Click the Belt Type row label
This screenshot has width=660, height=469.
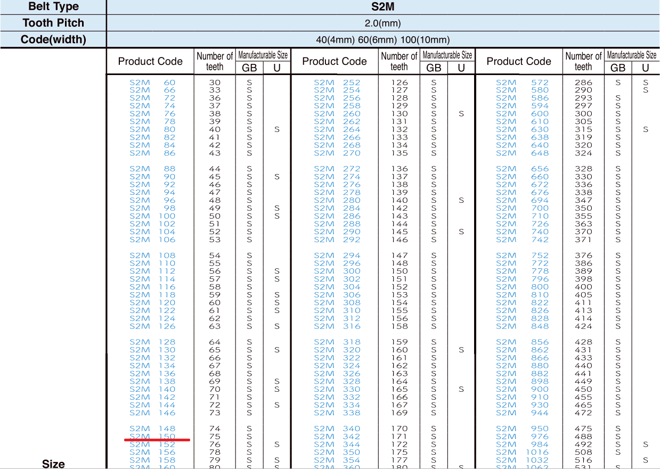tap(53, 7)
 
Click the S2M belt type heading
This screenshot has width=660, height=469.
tap(382, 7)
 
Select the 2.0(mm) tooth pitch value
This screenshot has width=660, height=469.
tap(382, 23)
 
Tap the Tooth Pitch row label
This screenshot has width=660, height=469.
tap(53, 23)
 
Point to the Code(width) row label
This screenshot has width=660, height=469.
tap(53, 40)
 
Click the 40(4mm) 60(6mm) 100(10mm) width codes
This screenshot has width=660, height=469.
tap(382, 40)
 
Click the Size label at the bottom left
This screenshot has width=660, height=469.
tap(53, 464)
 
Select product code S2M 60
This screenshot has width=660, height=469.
tap(152, 83)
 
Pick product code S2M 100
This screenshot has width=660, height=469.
tap(152, 216)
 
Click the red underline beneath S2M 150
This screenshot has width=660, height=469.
tap(157, 440)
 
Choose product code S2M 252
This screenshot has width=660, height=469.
tap(337, 83)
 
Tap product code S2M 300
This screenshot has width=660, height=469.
tap(337, 271)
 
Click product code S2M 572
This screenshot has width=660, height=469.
tap(522, 83)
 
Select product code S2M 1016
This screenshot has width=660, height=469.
tap(522, 452)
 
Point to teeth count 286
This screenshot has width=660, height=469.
tap(583, 83)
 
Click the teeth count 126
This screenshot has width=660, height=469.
tap(399, 83)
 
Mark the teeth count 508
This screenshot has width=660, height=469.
tap(583, 452)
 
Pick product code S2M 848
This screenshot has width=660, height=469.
tap(522, 326)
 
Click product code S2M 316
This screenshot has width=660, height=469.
tap(337, 326)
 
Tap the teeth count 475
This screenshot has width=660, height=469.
tap(583, 429)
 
